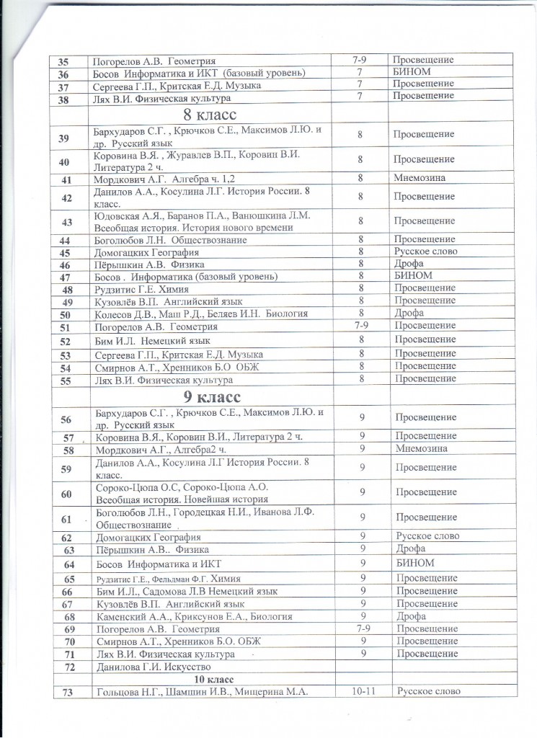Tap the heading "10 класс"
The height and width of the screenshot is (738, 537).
pyautogui.click(x=208, y=679)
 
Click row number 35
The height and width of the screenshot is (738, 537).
pyautogui.click(x=64, y=62)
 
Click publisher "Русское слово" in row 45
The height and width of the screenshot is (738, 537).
pyautogui.click(x=427, y=252)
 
